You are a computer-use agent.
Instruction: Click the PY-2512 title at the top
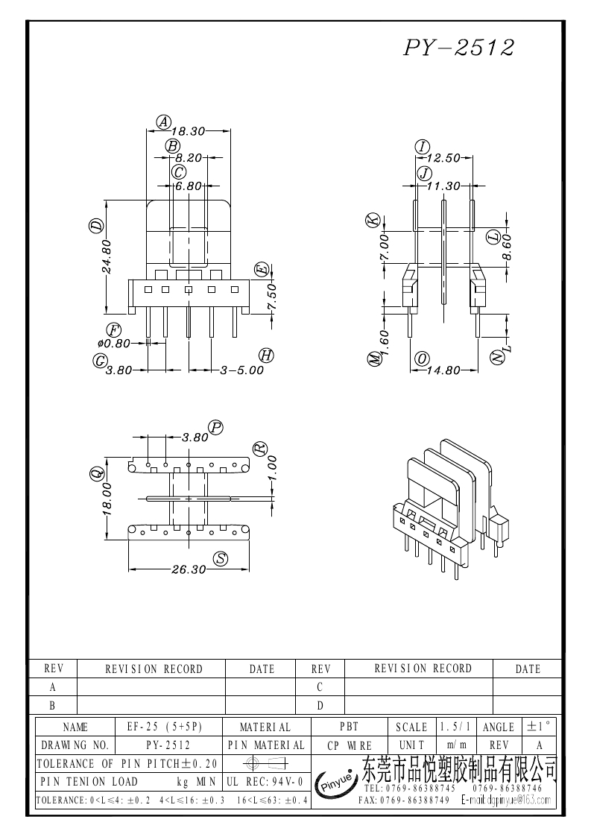click(458, 48)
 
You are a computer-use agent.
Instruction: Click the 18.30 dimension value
click(189, 131)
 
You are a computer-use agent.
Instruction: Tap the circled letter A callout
click(163, 122)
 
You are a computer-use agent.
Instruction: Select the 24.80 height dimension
click(107, 256)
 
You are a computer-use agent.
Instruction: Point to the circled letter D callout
click(96, 226)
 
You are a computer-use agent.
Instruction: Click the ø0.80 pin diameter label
click(114, 344)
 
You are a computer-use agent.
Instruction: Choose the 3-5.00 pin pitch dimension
click(242, 370)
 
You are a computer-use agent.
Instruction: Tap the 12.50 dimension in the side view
click(443, 158)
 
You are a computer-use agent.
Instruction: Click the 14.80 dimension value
click(443, 370)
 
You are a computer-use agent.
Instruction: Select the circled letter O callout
click(423, 359)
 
